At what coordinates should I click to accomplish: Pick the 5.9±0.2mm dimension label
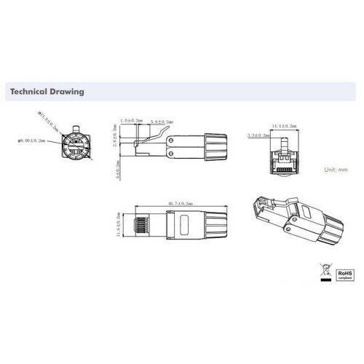point(162,122)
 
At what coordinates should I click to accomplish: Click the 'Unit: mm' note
point(336,168)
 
